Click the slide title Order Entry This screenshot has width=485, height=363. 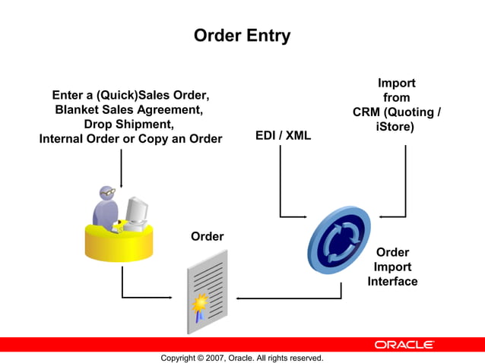tap(242, 36)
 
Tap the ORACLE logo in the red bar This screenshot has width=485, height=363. tap(404, 345)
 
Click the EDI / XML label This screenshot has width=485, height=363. tap(283, 136)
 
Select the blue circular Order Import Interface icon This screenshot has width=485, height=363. tap(338, 239)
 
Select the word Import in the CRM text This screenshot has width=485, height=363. tap(396, 83)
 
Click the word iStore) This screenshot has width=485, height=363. tap(395, 127)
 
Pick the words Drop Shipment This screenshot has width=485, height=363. tap(128, 124)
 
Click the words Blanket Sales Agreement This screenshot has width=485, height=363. tap(128, 109)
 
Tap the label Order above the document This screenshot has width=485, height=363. tap(207, 236)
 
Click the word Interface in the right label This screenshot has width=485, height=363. tap(392, 281)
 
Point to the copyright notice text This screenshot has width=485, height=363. tap(242, 358)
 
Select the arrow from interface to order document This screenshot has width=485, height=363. tap(289, 298)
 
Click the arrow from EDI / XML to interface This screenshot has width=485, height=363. tap(281, 182)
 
